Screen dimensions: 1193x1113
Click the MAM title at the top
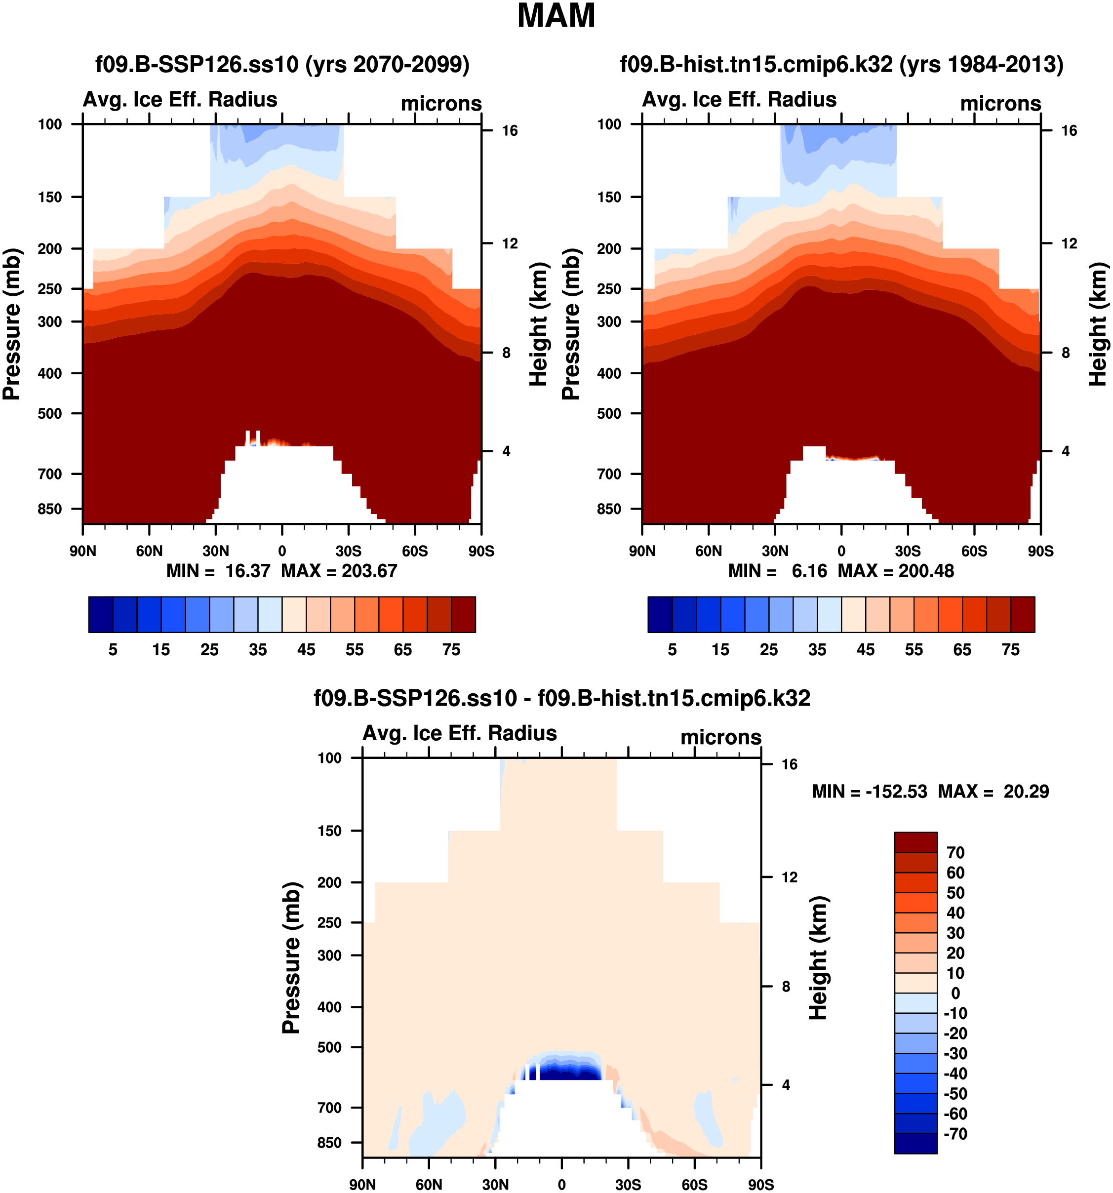click(556, 16)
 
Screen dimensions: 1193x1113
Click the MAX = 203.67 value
click(339, 571)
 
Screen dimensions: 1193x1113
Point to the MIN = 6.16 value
click(777, 571)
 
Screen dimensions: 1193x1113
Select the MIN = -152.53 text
click(869, 792)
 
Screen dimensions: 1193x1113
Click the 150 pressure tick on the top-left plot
click(50, 198)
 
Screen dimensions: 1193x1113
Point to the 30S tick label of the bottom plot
click(628, 1185)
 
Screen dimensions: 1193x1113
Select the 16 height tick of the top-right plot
click(1069, 131)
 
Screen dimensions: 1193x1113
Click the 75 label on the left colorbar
click(451, 650)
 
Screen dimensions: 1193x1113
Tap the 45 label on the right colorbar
click(865, 650)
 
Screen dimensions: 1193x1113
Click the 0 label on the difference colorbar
click(955, 993)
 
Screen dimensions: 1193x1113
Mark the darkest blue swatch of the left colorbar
click(100, 614)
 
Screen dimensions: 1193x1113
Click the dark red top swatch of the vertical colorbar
click(915, 842)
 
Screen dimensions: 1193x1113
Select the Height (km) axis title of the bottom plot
click(818, 958)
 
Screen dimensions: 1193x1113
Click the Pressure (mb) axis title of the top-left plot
click(12, 324)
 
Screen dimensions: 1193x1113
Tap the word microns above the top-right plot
click(1000, 104)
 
